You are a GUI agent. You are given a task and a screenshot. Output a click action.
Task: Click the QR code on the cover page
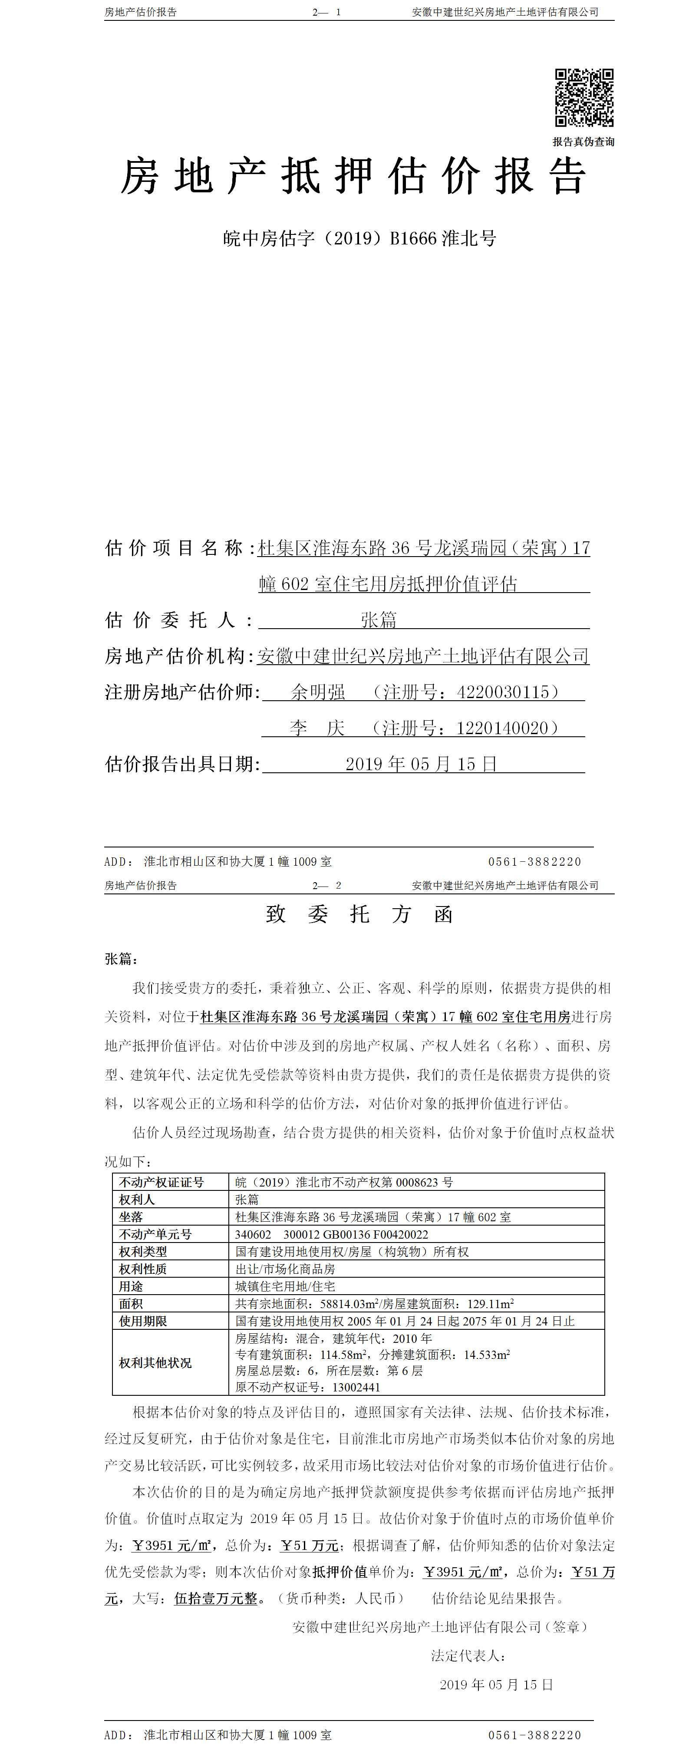point(584,98)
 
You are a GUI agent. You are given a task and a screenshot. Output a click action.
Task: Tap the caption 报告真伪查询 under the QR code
point(583,142)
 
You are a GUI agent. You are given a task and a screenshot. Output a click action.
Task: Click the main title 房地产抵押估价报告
point(353,176)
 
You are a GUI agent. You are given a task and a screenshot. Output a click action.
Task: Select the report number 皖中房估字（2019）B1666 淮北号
point(359,238)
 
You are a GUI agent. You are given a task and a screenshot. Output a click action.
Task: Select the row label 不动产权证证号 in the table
point(162,1182)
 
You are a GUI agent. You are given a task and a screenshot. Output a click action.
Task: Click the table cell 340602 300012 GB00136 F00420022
point(332,1234)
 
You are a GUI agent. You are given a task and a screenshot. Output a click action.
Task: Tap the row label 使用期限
point(143,1321)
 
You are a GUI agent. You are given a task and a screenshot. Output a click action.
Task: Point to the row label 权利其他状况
point(155,1362)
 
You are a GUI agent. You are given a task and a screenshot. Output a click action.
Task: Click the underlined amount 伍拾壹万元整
point(216,1599)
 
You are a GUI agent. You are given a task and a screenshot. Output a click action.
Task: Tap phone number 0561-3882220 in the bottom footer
point(534,1735)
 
